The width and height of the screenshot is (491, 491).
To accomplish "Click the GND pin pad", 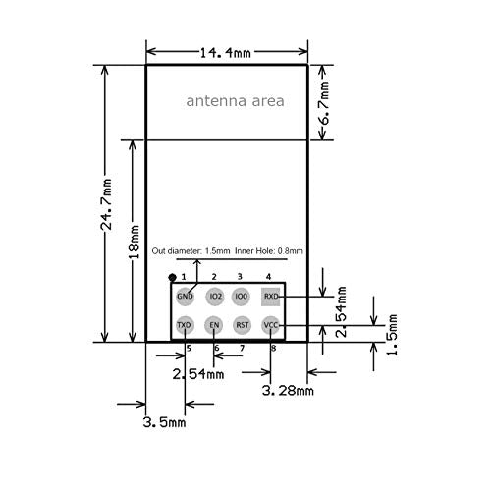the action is (185, 297).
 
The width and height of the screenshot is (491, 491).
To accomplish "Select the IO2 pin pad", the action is (215, 297).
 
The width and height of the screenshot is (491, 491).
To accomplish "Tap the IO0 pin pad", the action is (241, 297).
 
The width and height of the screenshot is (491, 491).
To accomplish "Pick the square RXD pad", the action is (270, 297).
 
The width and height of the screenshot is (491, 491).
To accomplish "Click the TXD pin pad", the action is (185, 325).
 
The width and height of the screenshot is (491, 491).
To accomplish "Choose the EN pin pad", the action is (214, 325).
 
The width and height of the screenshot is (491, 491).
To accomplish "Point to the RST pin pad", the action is (243, 325).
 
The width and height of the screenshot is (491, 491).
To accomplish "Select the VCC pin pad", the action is (271, 325).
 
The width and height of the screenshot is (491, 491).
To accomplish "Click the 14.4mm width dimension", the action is (225, 52).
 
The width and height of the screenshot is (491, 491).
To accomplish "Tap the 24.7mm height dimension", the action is (106, 204).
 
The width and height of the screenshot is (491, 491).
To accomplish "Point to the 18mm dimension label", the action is (134, 242).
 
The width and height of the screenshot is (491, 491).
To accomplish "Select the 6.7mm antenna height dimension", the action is (324, 104).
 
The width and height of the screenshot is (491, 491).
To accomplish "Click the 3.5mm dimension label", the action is (164, 422).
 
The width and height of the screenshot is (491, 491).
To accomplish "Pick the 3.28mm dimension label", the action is (288, 390).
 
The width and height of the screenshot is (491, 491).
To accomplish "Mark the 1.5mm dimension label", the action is (392, 335).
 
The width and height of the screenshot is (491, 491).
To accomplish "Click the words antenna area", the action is (235, 101).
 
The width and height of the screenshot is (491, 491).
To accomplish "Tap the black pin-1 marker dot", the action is (172, 278).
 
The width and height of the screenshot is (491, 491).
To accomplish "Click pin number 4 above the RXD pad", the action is (268, 277).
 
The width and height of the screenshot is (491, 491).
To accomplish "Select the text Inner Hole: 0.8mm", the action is (269, 251).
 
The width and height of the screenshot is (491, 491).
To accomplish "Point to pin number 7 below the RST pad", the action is (242, 348).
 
